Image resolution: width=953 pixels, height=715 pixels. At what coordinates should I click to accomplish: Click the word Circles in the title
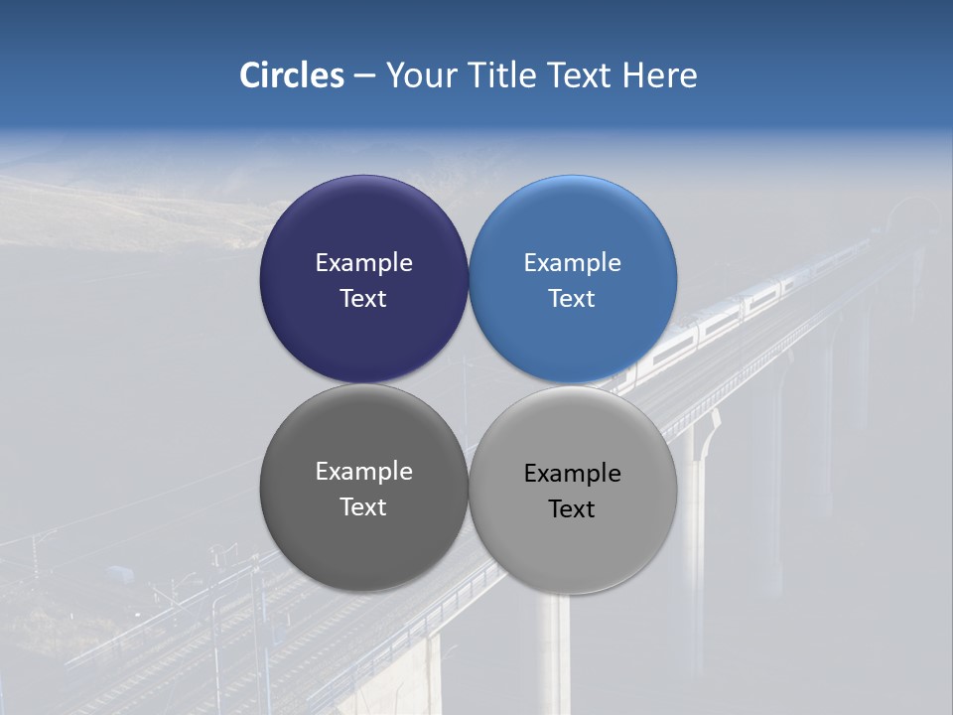click(291, 75)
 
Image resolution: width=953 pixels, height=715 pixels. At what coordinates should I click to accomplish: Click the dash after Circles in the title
click(364, 76)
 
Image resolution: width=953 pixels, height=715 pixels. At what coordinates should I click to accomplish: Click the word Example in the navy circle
click(363, 263)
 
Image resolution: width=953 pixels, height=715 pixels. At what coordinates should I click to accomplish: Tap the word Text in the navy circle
click(363, 299)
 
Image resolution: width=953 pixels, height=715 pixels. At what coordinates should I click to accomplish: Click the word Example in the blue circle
click(573, 263)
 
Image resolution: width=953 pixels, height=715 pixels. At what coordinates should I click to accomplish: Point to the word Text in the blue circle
click(573, 299)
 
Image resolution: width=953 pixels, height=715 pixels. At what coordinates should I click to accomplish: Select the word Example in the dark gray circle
click(363, 472)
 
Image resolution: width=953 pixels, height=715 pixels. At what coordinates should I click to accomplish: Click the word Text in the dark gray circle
click(363, 507)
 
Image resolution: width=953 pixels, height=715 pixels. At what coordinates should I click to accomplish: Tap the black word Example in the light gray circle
click(573, 474)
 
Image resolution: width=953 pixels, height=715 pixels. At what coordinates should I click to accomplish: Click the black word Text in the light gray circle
click(573, 509)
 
